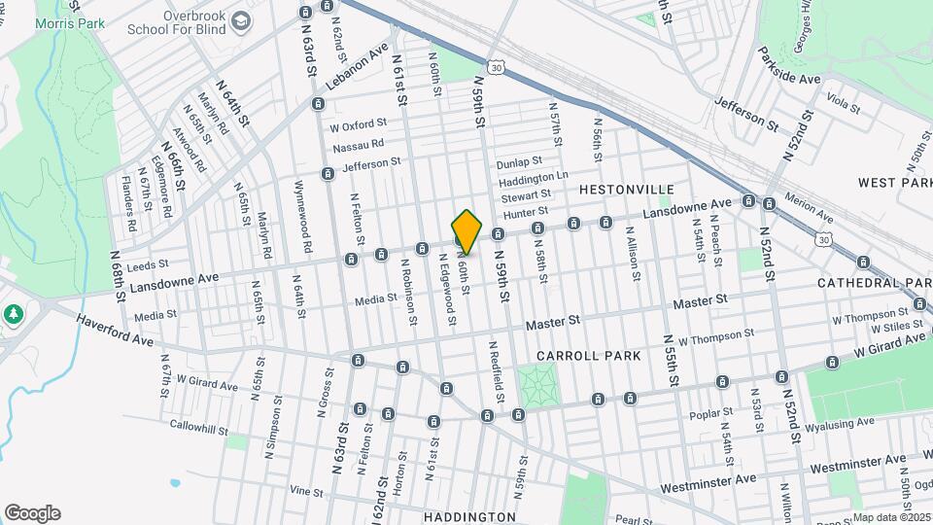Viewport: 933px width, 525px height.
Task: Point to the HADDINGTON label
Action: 469,516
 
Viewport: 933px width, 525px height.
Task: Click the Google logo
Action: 32,513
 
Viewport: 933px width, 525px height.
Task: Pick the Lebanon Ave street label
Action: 357,66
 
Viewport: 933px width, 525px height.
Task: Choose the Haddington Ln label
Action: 533,181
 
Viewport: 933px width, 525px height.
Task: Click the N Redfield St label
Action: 496,371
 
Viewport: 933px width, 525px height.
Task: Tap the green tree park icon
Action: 14,314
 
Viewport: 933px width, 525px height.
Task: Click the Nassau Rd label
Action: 358,146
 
